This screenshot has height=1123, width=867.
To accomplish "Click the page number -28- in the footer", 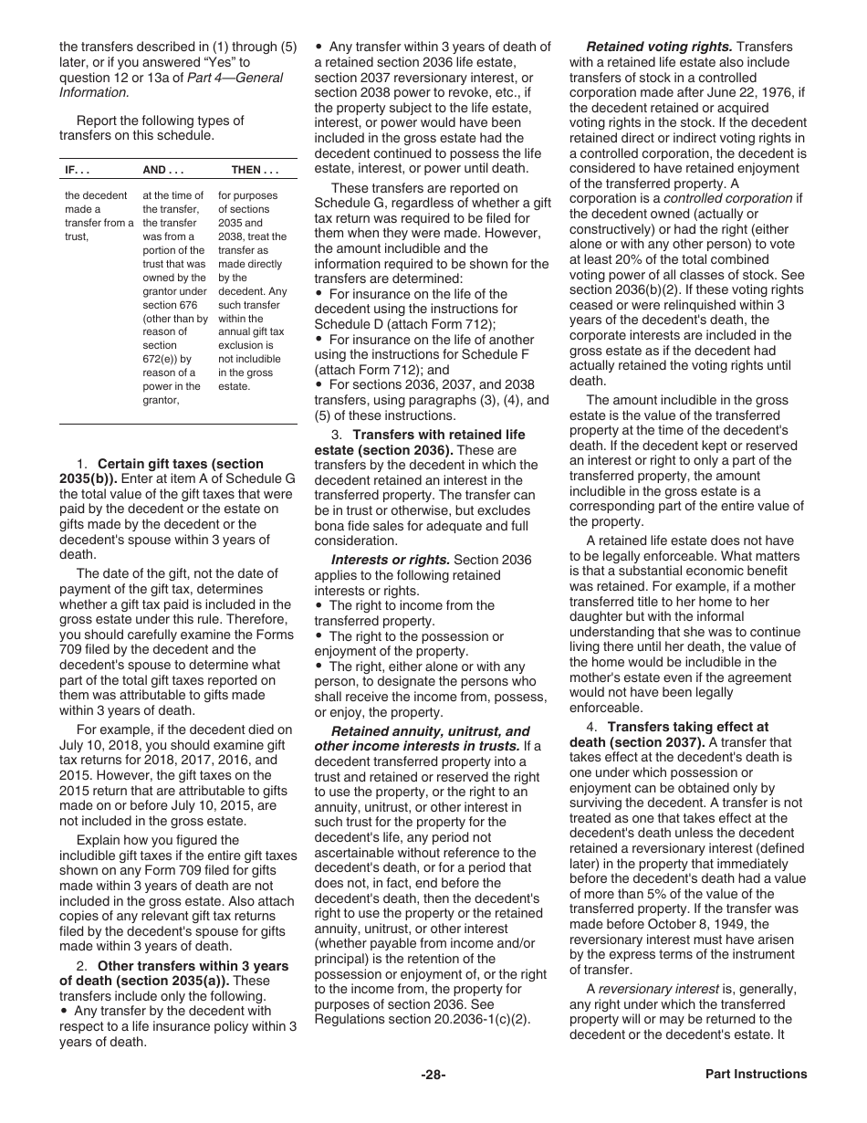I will tap(433, 1075).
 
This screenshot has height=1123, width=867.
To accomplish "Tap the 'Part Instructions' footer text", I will tap(756, 1075).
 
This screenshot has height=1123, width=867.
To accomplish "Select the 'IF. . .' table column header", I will tap(77, 171).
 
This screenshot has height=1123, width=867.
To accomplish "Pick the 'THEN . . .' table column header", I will tap(255, 171).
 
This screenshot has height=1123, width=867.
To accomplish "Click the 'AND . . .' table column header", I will tap(163, 171).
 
